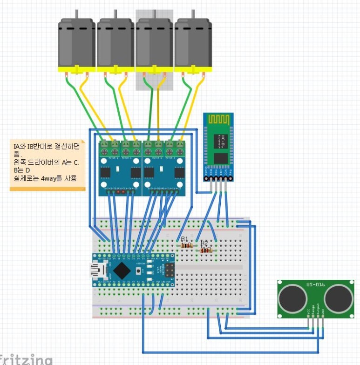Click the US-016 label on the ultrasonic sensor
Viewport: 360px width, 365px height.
[x=315, y=284]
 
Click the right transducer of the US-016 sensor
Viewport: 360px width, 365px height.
[x=337, y=297]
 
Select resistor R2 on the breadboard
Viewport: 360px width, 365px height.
[x=205, y=250]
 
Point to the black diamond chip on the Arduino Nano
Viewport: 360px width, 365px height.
[x=122, y=270]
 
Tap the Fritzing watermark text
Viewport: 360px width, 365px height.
[x=26, y=360]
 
